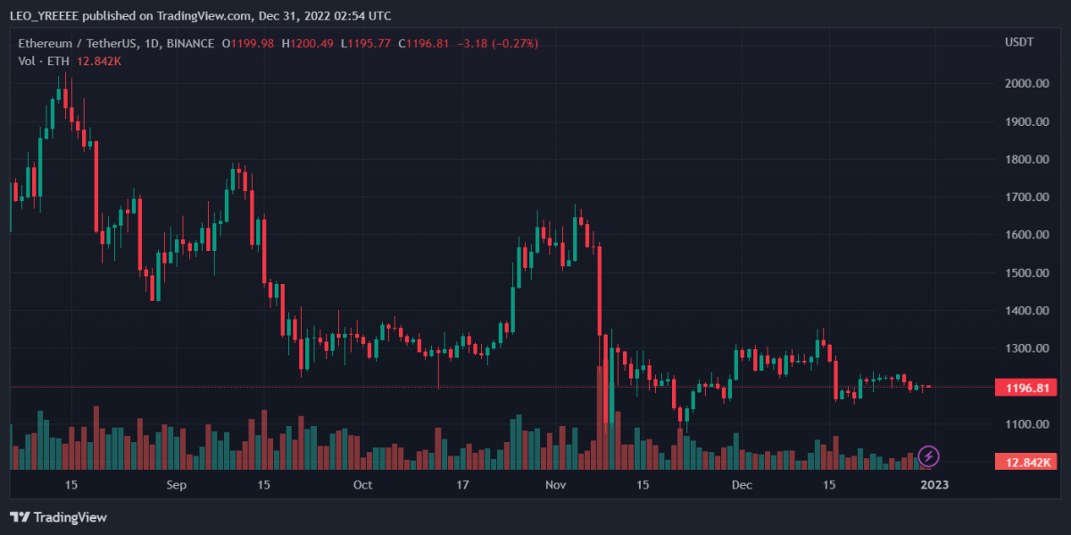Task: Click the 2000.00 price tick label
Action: (x=1026, y=83)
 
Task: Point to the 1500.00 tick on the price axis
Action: (x=1026, y=272)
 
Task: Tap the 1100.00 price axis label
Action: (x=1026, y=424)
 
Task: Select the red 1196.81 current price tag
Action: (x=1026, y=388)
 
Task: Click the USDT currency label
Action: (x=1019, y=43)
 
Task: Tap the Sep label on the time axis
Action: (x=177, y=485)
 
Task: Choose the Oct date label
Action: (x=362, y=485)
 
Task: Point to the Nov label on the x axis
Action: (x=556, y=485)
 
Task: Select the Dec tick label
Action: (x=741, y=485)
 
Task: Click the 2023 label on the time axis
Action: (x=934, y=485)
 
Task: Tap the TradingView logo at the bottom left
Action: (x=58, y=517)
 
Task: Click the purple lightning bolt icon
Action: (x=928, y=456)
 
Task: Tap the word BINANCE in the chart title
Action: (x=190, y=43)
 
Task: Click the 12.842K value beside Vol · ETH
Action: (x=99, y=61)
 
